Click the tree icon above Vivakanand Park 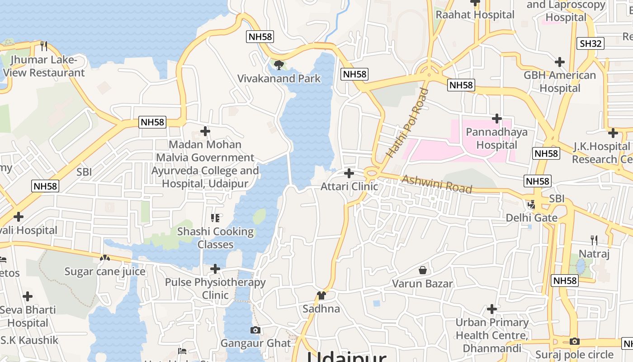tap(279, 65)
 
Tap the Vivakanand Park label tap(279, 78)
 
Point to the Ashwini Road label tap(437, 184)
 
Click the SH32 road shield tap(591, 43)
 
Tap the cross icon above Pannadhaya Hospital tap(497, 119)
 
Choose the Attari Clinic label tap(349, 186)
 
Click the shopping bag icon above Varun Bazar tap(423, 270)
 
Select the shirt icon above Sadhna tap(321, 295)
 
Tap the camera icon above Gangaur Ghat tap(255, 330)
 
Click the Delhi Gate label tap(531, 218)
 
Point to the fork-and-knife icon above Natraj tap(594, 240)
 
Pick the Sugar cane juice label tap(105, 271)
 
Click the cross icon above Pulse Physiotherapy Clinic tap(215, 269)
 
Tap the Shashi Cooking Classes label tap(215, 238)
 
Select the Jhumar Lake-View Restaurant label tap(44, 66)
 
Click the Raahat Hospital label tap(475, 14)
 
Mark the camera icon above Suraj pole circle tap(575, 341)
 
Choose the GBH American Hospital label tap(560, 81)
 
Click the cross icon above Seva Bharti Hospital tap(28, 297)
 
